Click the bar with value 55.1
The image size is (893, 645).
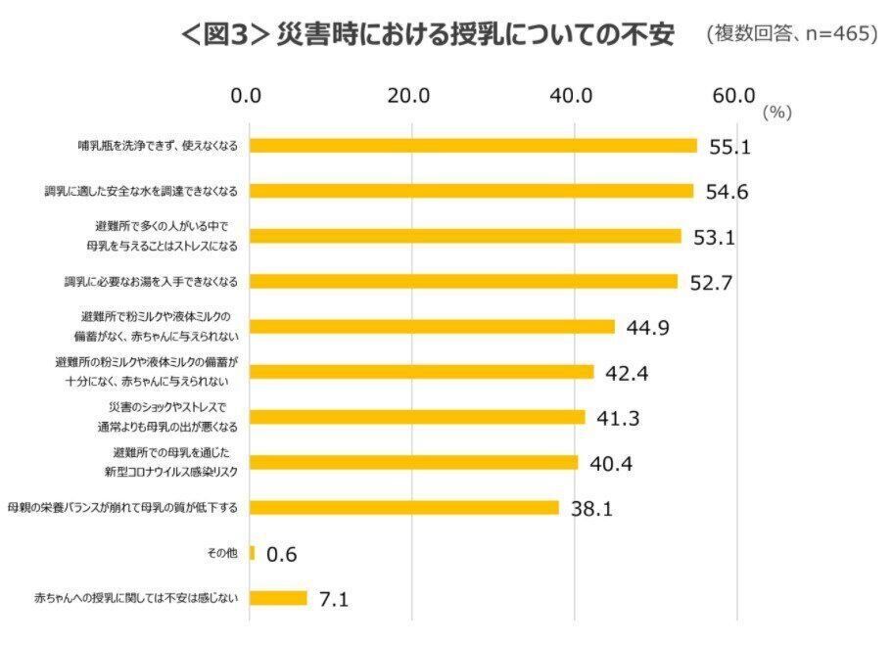473,146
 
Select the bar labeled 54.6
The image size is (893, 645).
471,191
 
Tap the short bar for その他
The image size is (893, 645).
252,553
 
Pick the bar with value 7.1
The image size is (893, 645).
278,598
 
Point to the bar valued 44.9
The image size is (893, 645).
432,327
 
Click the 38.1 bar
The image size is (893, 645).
403,508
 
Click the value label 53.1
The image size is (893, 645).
715,237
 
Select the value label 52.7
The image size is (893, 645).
711,283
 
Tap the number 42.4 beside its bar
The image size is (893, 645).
628,373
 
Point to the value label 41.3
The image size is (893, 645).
618,418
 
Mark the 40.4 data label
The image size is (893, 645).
611,463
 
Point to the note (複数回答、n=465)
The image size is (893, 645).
791,35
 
